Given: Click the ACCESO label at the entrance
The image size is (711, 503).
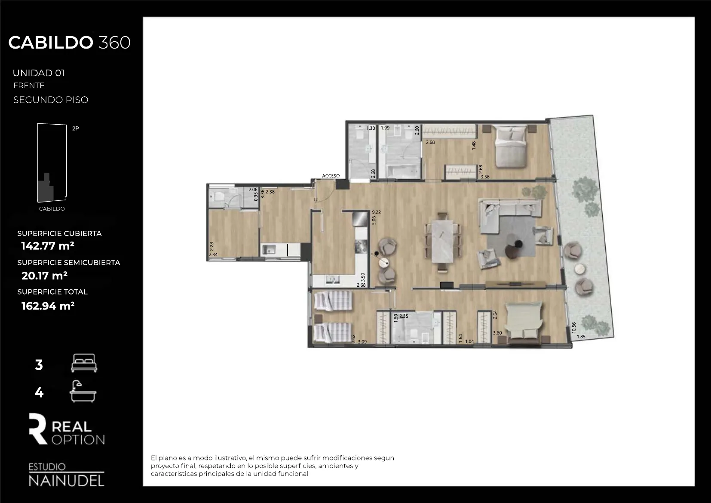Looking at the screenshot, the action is (x=331, y=176).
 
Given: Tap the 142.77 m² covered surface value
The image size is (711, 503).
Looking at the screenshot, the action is (x=48, y=246).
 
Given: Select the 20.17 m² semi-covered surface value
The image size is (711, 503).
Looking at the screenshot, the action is (x=44, y=276).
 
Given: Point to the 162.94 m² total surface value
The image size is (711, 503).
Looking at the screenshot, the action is (x=48, y=306).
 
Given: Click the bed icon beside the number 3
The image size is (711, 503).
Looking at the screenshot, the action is (x=84, y=363).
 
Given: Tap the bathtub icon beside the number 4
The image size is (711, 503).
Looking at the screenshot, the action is (x=83, y=391).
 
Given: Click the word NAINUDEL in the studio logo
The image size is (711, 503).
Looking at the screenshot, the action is (x=66, y=481).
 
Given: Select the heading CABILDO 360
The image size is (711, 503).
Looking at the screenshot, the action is (x=69, y=43).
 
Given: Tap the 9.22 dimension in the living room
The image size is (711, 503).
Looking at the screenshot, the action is (x=377, y=212).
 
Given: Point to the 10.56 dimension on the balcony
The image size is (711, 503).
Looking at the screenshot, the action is (x=573, y=328).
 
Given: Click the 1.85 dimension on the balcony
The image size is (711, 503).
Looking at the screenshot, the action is (x=581, y=337).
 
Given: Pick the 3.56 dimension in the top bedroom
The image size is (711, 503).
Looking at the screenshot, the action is (x=485, y=177).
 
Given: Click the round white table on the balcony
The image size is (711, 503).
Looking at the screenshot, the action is (x=580, y=269).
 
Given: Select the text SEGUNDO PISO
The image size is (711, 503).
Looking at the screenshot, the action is (x=51, y=100).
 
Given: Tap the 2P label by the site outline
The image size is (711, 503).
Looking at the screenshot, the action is (x=76, y=129).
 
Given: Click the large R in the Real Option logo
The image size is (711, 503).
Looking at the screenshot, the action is (x=38, y=429).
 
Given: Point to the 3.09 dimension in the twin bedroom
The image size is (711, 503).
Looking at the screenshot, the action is (x=362, y=342).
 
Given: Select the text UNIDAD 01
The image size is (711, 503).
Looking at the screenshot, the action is (x=39, y=73).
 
